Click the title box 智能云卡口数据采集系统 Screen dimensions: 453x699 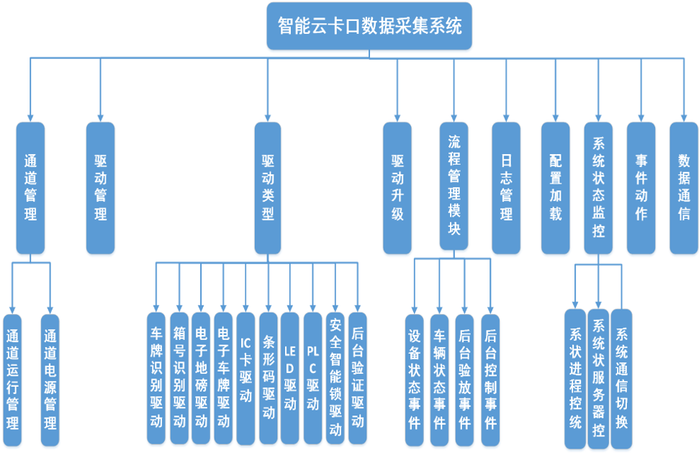click(369, 26)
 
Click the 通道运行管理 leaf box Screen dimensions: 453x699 click(12, 380)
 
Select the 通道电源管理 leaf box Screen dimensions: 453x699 click(50, 380)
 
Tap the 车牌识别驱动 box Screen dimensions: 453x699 click(156, 378)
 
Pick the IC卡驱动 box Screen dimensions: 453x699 click(245, 378)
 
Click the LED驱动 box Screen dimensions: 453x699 click(290, 378)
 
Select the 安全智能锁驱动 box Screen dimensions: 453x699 click(335, 378)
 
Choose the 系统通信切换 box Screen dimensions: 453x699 click(621, 378)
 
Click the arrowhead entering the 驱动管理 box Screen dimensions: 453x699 click(100, 117)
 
